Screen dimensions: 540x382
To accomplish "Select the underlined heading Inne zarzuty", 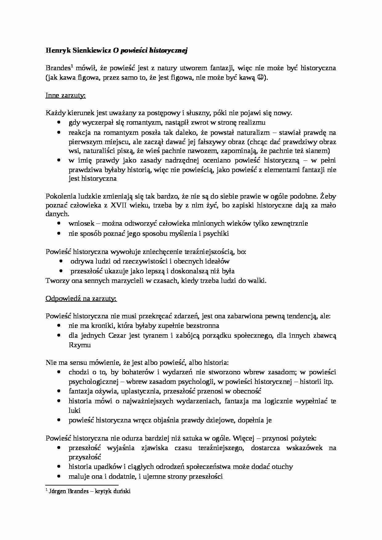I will point(66,95).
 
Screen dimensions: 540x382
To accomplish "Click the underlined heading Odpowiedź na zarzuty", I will point(81,298).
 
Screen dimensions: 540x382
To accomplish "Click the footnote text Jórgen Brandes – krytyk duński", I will point(90,491).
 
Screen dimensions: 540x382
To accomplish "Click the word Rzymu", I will point(79,345).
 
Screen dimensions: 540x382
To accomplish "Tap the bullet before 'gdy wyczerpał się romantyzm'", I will point(59,123).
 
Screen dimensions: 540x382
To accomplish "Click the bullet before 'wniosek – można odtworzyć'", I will point(59,224).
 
